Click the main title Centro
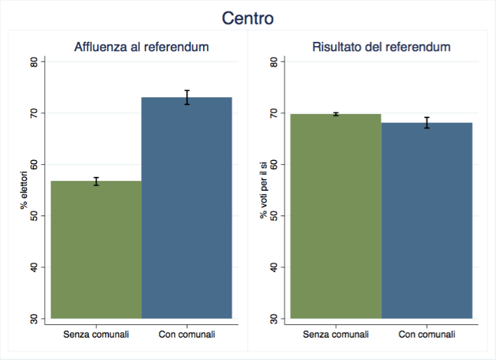coord(248,18)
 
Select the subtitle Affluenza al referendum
coord(142,48)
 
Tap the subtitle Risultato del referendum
coord(381,48)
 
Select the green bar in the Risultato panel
coord(336,216)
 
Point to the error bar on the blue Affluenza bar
coord(187,97)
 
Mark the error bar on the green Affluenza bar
coord(97,182)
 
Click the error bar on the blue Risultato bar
coord(427,122)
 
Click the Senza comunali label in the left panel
coord(97,334)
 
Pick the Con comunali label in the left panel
coord(187,334)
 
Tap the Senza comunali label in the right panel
coord(336,334)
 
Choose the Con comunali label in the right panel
coord(427,334)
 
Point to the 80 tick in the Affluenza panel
coord(35,62)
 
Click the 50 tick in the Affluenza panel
coord(35,216)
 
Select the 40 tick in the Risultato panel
coord(274,267)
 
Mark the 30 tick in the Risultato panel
coord(274,319)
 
